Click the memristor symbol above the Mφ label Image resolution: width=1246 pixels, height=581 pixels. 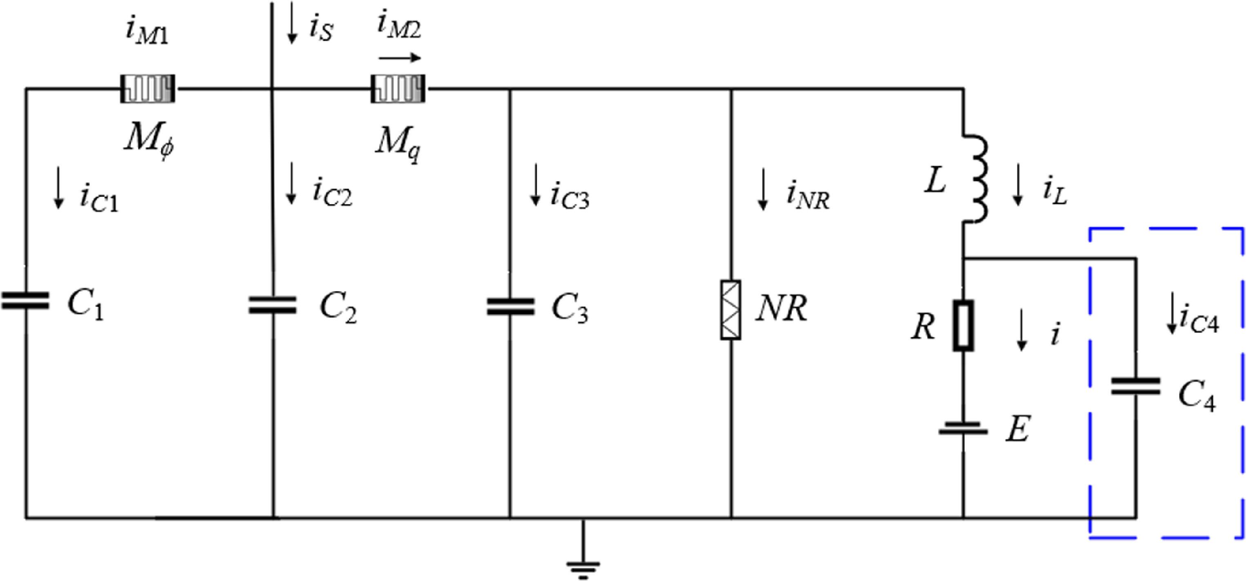(x=147, y=89)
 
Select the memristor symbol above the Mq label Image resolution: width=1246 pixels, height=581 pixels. (x=398, y=89)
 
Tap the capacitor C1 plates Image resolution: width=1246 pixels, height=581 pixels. (x=25, y=300)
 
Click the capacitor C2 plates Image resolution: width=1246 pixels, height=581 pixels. (x=272, y=305)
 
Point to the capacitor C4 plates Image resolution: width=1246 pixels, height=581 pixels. (x=1135, y=386)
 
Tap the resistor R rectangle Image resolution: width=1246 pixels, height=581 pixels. (x=963, y=325)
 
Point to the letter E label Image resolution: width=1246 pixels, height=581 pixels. (x=1018, y=428)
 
